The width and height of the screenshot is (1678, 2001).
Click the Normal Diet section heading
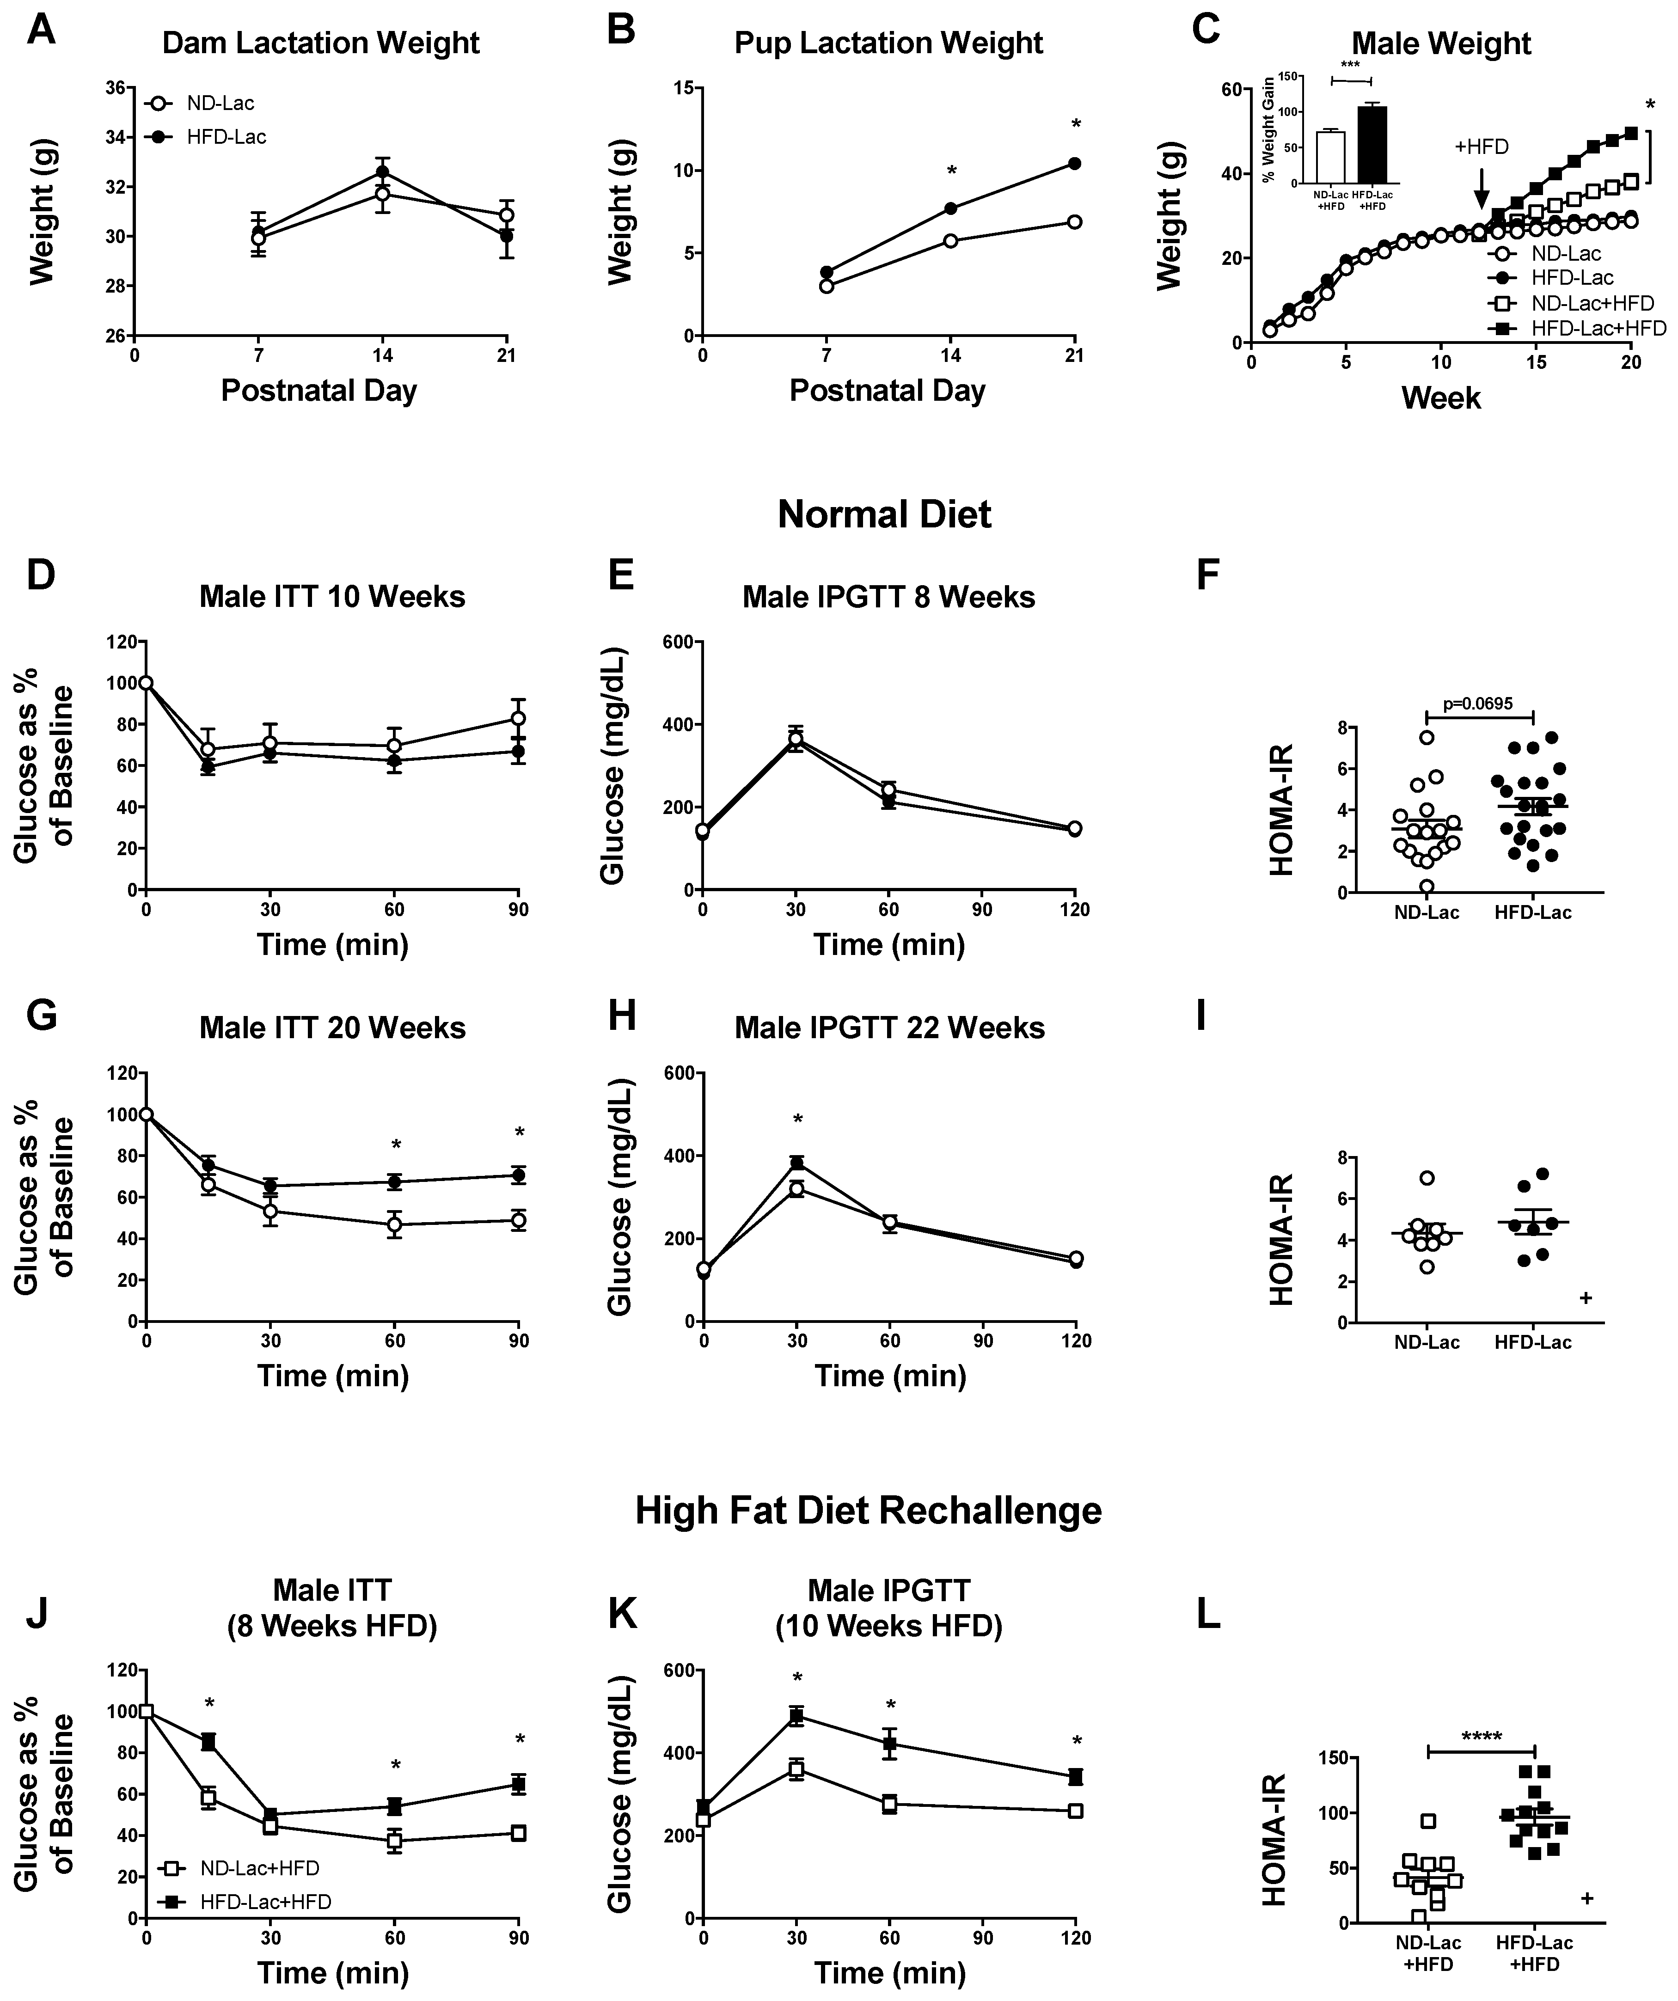(884, 514)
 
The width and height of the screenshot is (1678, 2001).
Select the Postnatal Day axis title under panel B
(887, 391)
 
